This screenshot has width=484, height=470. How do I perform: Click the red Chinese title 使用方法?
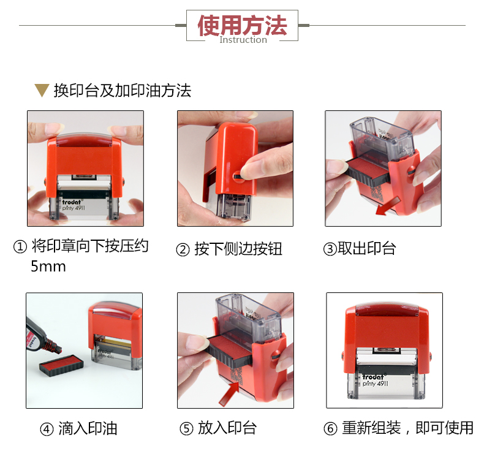click(x=243, y=25)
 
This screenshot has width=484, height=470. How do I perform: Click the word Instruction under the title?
click(x=243, y=40)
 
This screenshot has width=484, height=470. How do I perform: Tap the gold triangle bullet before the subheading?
click(x=42, y=91)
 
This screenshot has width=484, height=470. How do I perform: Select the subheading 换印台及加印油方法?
click(x=123, y=91)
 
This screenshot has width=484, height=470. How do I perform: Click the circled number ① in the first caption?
click(x=20, y=247)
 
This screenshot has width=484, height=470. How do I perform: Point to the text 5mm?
click(x=48, y=266)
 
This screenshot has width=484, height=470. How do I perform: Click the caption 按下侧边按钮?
click(x=238, y=249)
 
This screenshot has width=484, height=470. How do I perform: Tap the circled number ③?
click(x=330, y=249)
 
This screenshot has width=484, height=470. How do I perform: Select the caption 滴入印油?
click(x=88, y=428)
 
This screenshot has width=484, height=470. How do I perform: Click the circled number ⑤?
click(x=186, y=428)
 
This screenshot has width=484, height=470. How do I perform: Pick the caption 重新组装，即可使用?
click(x=407, y=428)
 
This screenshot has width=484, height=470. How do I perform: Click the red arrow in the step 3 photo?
click(x=388, y=206)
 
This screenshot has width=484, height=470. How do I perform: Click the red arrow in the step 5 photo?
click(x=230, y=393)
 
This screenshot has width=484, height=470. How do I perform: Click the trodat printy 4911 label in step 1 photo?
click(x=73, y=205)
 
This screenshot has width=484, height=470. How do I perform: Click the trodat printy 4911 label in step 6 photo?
click(x=375, y=381)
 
